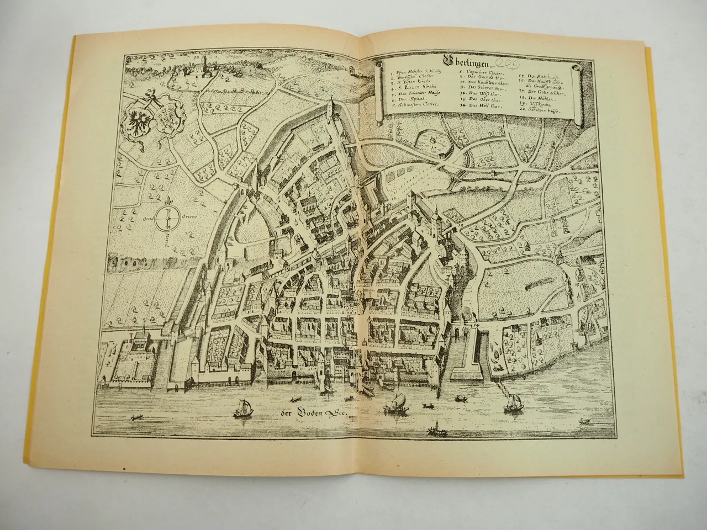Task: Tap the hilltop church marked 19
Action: point(205,62)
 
